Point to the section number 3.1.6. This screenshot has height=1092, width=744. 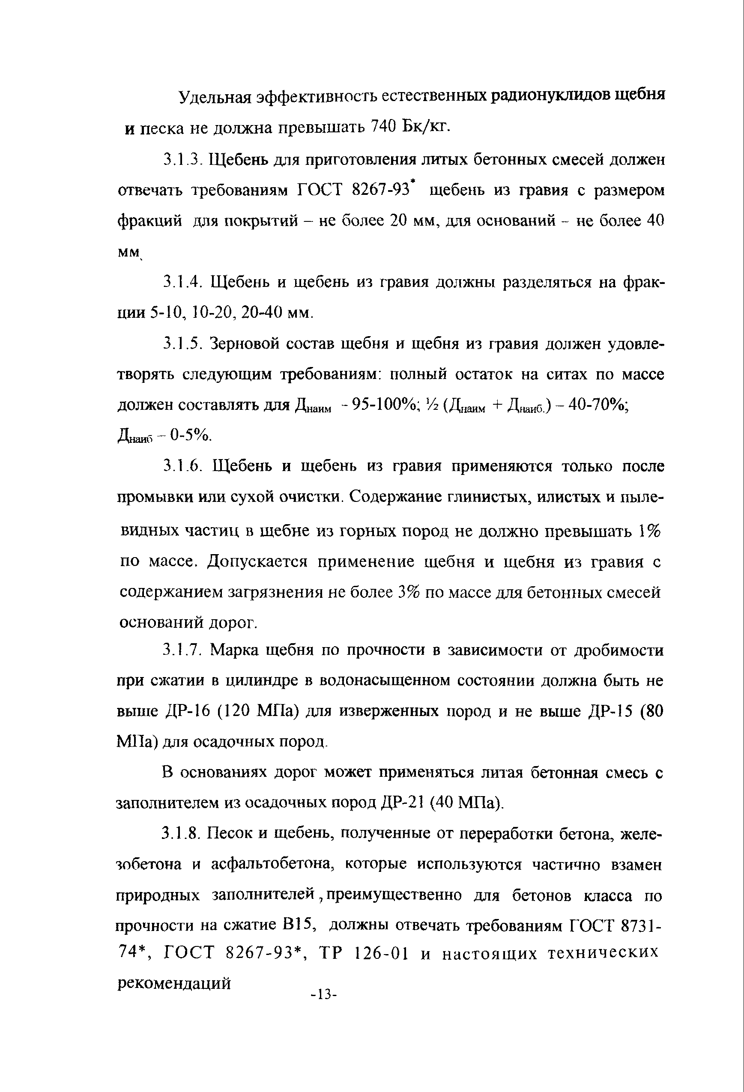point(184,466)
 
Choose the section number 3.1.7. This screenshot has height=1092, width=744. point(182,650)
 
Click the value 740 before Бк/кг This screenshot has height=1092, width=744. point(385,126)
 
